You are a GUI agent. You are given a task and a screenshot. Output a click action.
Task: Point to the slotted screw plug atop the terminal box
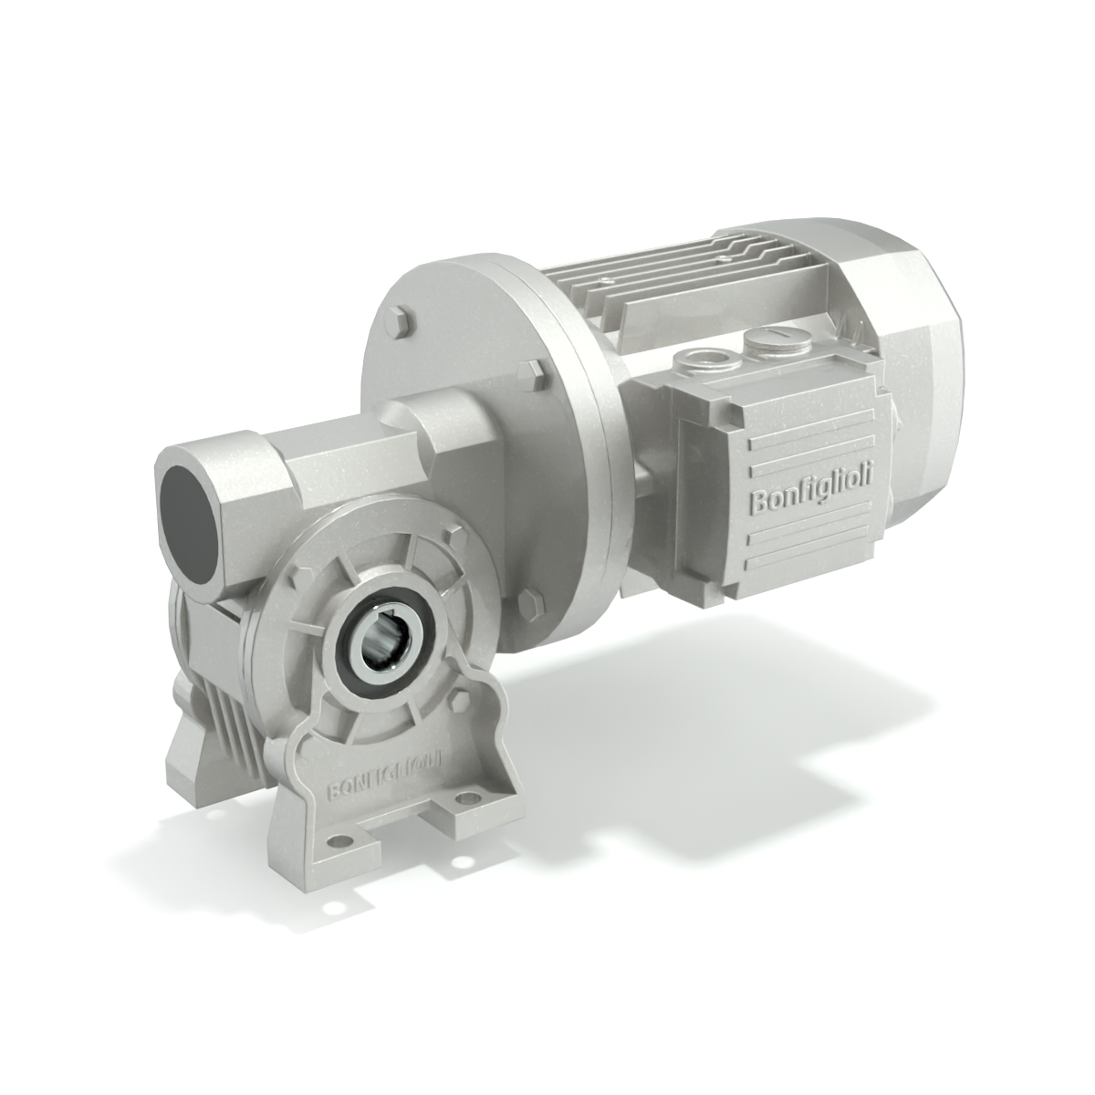pyautogui.click(x=769, y=345)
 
